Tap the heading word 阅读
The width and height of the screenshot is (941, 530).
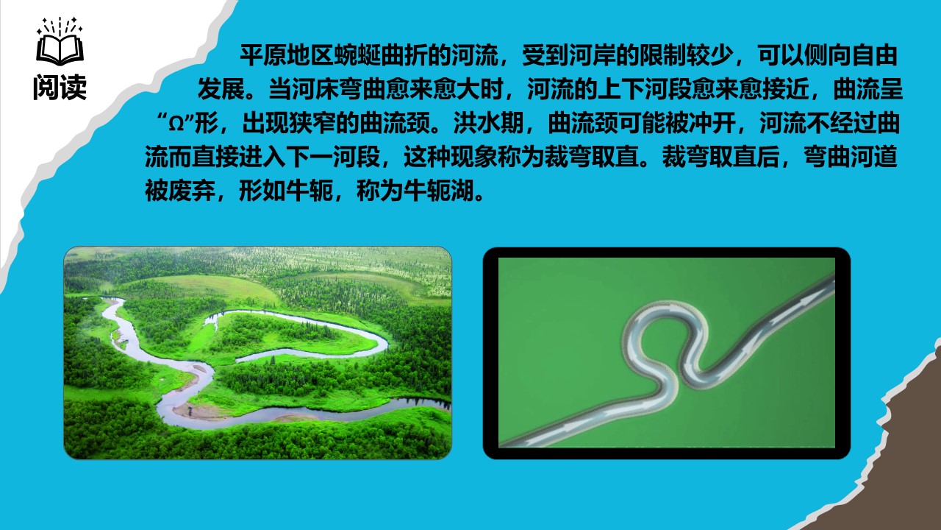click(60, 88)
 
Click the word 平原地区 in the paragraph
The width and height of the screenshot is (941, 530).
click(287, 56)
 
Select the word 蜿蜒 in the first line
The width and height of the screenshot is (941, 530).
click(357, 56)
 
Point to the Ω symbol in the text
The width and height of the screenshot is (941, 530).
click(176, 125)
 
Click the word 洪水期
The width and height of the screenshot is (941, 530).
click(488, 124)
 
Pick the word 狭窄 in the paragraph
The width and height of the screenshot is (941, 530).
click(312, 124)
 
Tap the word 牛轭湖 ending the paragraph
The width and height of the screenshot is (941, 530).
click(438, 192)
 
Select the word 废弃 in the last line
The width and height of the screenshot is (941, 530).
click(192, 192)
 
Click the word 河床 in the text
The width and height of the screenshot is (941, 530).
click(315, 90)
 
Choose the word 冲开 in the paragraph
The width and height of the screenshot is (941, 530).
click(712, 124)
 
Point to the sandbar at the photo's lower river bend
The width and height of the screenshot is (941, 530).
click(206, 410)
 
